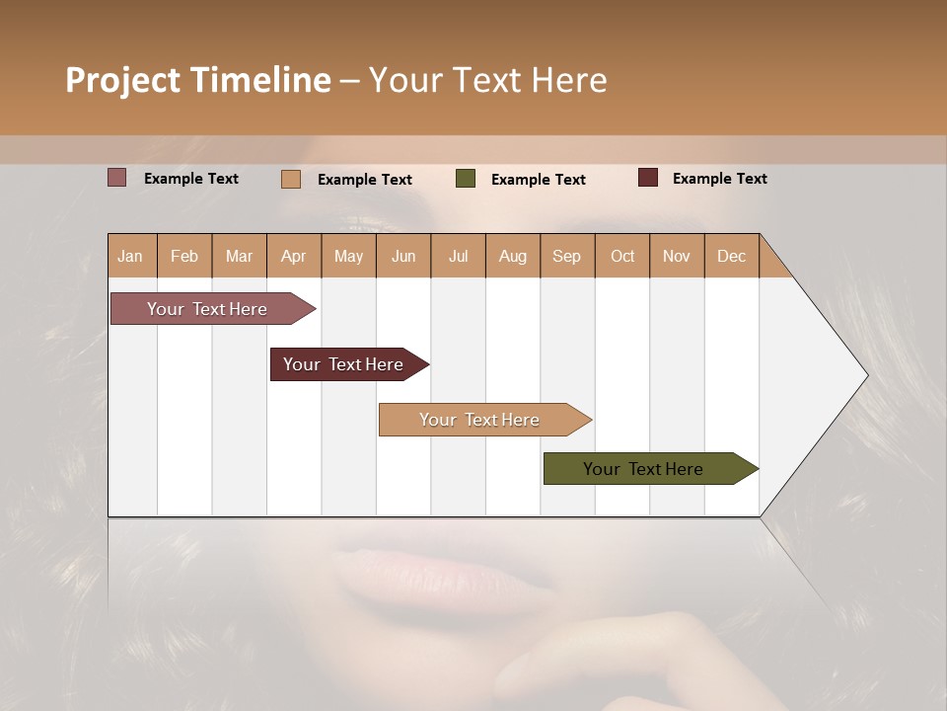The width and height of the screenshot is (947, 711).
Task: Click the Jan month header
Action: [131, 256]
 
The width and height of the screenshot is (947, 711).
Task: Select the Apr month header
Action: [294, 256]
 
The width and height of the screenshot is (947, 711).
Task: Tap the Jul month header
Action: [458, 256]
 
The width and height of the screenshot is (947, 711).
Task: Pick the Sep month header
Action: [567, 256]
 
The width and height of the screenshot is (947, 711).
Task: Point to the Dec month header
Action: [731, 256]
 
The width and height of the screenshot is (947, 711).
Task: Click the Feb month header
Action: [184, 256]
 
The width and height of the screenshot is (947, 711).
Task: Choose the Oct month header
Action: [622, 256]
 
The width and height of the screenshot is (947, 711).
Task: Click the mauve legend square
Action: [117, 178]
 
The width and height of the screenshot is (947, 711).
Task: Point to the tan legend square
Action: [291, 179]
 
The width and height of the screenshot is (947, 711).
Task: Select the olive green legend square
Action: [466, 179]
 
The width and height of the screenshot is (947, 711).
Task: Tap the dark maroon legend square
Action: [648, 178]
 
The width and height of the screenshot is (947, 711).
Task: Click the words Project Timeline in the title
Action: [198, 80]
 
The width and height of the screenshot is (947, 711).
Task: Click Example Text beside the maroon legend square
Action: [719, 179]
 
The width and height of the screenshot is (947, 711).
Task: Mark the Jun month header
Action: [403, 256]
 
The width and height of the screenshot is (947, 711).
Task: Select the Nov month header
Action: [677, 256]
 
